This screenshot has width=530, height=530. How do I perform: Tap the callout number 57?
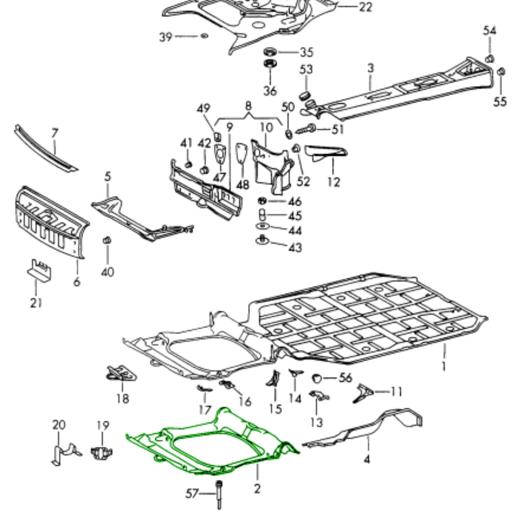193,494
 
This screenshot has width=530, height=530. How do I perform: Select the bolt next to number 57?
218,494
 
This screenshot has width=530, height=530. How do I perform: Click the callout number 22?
365,7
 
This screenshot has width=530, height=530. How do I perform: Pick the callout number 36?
270,90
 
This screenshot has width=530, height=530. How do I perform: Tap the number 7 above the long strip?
55,134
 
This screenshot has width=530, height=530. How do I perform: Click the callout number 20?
59,425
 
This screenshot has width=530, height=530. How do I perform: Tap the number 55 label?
501,101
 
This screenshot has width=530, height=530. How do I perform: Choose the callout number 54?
489,30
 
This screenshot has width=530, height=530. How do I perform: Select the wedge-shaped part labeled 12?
326,152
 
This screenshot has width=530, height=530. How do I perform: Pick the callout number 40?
108,272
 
